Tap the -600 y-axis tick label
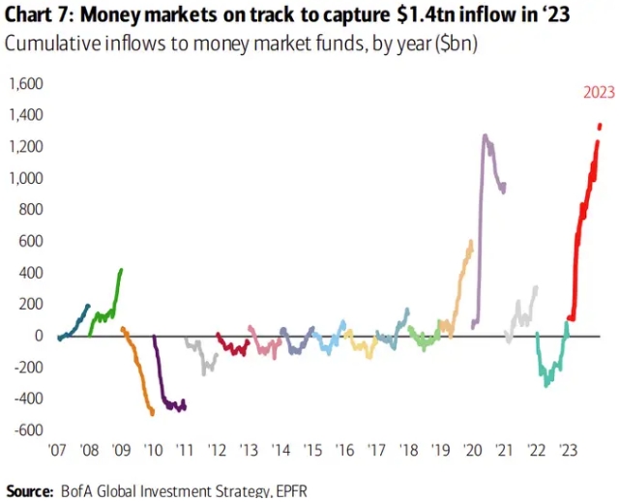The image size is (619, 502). point(28,430)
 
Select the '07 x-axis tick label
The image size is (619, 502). point(57,451)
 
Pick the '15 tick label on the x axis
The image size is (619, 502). point(312,451)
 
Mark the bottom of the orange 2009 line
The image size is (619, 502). point(153,414)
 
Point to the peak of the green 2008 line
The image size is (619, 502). point(121,270)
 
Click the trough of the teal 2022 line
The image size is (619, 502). point(546,386)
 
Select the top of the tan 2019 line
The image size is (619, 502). point(470,242)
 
